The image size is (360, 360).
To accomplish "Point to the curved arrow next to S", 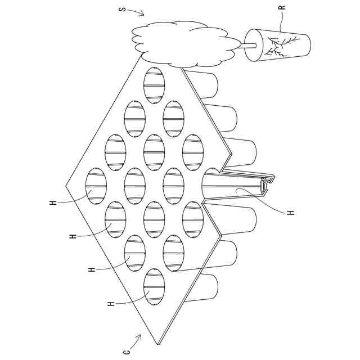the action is point(138,12).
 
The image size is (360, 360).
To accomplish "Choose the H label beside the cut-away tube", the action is point(291,213).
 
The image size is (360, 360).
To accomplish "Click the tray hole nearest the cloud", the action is point(154,85).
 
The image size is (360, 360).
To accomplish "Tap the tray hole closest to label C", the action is point(154,287).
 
